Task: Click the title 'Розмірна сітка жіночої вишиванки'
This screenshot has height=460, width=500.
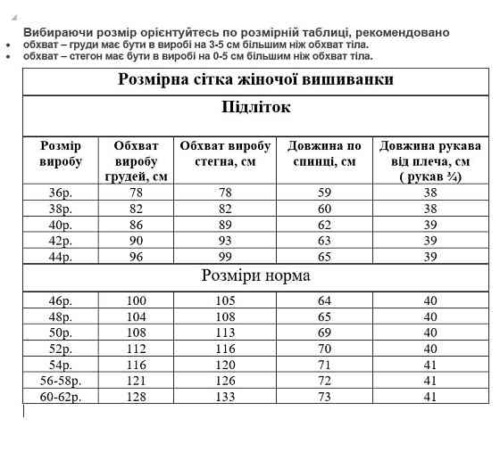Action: tap(255, 79)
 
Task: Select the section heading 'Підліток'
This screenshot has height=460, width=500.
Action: tap(255, 108)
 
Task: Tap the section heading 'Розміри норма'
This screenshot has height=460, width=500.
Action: tap(255, 275)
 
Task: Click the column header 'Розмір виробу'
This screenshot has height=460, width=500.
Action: tap(61, 153)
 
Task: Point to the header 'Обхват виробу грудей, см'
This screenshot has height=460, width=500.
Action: tap(136, 160)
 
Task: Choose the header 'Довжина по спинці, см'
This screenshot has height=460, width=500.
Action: tap(324, 153)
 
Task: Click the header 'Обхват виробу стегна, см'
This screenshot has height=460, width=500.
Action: tap(225, 153)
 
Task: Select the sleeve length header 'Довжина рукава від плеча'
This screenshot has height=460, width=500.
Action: tap(429, 160)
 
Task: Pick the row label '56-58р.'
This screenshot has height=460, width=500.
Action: tap(61, 380)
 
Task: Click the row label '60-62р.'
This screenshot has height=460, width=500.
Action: tap(61, 396)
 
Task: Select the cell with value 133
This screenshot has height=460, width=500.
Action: tap(225, 396)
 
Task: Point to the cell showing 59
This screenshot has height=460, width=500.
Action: tap(324, 193)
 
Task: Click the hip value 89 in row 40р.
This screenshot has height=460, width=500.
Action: tap(225, 225)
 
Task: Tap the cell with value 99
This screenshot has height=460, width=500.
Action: tap(225, 257)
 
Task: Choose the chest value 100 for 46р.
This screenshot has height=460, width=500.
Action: tap(136, 300)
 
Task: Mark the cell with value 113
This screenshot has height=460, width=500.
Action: tap(225, 333)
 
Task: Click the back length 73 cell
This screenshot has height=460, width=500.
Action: tap(324, 396)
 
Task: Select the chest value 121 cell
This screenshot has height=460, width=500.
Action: tap(136, 380)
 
